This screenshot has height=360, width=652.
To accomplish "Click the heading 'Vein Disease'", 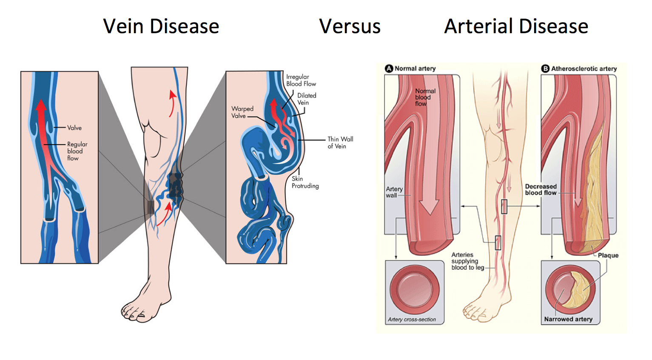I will tap(161, 26).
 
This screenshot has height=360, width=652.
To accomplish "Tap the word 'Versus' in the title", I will tap(350, 26).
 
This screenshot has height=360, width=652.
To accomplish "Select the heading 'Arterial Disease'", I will tap(516, 26).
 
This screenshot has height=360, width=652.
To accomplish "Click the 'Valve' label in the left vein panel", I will tap(74, 128).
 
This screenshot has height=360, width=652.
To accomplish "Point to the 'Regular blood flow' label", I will tap(77, 151).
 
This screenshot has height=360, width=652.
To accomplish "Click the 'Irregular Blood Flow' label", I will tap(301, 80).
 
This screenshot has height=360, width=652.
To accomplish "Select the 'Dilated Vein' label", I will tap(306, 99).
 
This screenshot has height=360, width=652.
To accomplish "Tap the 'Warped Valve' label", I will tap(242, 112).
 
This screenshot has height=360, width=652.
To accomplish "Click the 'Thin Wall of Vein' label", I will tap(340, 143).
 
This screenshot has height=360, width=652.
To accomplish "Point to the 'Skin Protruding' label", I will tap(305, 182).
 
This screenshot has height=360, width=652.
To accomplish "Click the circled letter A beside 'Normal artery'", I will tap(389, 69).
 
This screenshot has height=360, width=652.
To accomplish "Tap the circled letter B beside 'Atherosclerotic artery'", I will tap(545, 69).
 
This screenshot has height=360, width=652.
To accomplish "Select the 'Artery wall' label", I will tap(394, 192).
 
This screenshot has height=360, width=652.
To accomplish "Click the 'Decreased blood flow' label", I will tap(541, 189).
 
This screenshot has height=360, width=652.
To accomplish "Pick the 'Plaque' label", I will tap(608, 255).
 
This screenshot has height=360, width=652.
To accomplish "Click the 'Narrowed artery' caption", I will tap(568, 319).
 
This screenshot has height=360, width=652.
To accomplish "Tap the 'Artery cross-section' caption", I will tap(412, 319).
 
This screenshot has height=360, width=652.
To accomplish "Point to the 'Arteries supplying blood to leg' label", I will tap(467, 261).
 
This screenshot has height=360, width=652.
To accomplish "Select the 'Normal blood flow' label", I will tap(425, 97).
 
